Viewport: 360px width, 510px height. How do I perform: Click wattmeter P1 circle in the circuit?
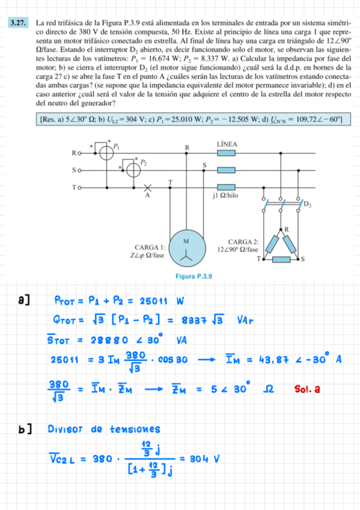(x=106, y=153)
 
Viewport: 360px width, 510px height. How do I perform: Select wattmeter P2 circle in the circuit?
(x=133, y=170)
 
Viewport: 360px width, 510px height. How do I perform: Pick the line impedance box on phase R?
(x=225, y=153)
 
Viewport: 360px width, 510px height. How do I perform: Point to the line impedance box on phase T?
(x=225, y=187)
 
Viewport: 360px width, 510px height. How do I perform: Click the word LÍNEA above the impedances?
(x=227, y=144)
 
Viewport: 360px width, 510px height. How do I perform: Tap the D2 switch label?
(x=307, y=205)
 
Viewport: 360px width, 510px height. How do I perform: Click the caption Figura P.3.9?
(x=194, y=276)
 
